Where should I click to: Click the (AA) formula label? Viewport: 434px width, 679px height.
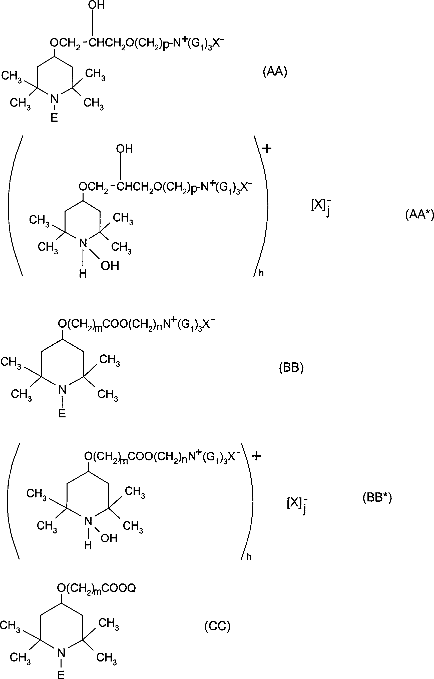click(275, 72)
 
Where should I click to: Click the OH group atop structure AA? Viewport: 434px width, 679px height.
click(97, 5)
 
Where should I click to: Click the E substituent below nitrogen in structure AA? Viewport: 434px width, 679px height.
click(54, 118)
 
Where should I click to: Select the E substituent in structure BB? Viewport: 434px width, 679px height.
click(62, 413)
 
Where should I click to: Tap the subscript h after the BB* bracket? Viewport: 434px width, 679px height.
click(248, 557)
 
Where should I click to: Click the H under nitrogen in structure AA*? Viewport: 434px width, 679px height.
click(83, 274)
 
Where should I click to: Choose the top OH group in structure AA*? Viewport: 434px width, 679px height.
click(124, 149)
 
